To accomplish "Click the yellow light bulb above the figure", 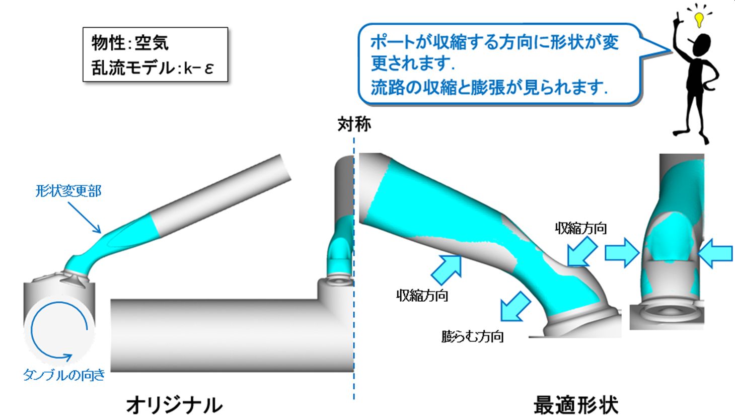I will coord(699,19).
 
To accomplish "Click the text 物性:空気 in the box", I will coord(130,43).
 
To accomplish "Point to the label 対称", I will coord(354,124).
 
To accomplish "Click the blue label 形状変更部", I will coord(68,191).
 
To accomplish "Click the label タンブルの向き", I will coord(64,375).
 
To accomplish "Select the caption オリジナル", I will coord(174,404).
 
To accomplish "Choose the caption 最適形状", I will coord(575,404).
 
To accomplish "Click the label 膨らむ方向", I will coord(472,336).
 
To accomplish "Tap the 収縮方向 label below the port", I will coord(422,296).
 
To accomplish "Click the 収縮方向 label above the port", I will coord(581,228).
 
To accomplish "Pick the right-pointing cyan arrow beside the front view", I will coord(621,253).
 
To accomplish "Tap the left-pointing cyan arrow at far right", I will coord(716,253).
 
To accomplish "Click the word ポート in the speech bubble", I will coord(391,42).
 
